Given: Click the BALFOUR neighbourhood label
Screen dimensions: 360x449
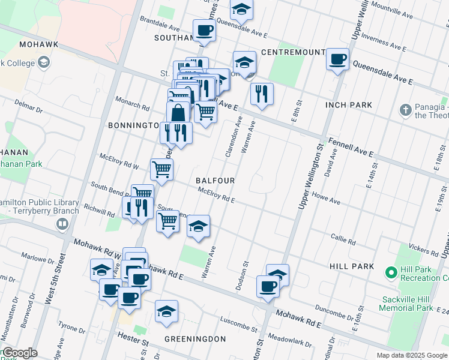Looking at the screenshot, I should click(x=215, y=181).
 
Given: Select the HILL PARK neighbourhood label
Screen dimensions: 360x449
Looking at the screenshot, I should click(x=351, y=266).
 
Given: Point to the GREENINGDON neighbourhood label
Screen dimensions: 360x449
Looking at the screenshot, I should click(x=195, y=339).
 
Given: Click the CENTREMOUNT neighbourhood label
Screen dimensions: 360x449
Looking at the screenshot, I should click(x=293, y=52).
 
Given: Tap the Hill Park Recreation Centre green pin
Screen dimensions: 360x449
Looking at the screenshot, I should click(x=391, y=274).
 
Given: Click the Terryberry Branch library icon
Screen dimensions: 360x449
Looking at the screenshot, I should click(x=61, y=224).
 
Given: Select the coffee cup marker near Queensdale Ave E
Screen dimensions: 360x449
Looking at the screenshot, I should click(x=337, y=59).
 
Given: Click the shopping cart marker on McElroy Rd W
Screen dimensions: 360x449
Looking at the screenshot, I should click(x=161, y=170).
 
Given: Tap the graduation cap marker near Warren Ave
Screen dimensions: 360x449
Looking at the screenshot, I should click(x=198, y=226).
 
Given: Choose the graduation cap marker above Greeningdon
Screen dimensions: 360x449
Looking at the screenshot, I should click(x=166, y=311).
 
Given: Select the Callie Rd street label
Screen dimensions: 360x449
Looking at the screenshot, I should click(x=343, y=239).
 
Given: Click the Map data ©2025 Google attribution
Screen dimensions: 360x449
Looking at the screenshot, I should click(x=412, y=355).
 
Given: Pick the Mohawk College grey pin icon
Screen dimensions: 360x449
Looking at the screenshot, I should click(x=43, y=62).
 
